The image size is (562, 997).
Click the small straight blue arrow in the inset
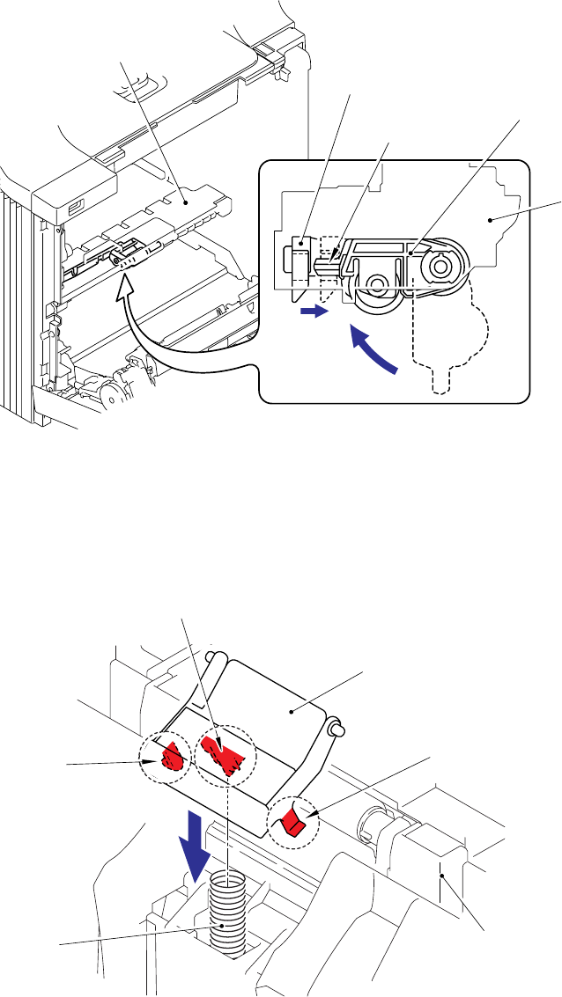pos(313,311)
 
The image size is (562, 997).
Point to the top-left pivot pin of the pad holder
pos(211,657)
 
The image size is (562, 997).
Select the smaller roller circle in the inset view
pos(380,284)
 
